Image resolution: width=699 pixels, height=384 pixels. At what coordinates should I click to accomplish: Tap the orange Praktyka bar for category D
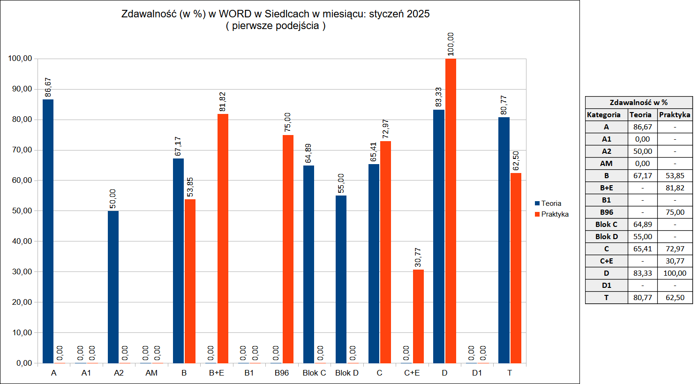[x=451, y=211]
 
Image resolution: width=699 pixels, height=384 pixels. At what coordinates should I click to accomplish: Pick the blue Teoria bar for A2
[x=113, y=287]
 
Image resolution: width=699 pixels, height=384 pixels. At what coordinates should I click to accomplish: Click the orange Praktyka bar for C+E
[x=418, y=316]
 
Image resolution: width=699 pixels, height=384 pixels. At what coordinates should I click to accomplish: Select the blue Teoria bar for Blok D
[x=341, y=279]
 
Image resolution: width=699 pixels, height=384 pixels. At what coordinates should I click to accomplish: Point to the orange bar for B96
[x=288, y=249]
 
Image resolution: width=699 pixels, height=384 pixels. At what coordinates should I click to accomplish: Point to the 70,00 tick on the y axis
[x=20, y=150]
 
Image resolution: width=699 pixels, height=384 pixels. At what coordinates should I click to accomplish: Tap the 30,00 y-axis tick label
[x=20, y=272]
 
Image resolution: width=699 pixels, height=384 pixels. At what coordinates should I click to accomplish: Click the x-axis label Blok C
[x=314, y=373]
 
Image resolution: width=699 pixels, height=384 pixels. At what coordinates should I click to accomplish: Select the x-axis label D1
[x=477, y=373]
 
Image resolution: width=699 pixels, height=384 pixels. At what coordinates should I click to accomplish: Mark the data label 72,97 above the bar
[x=386, y=129]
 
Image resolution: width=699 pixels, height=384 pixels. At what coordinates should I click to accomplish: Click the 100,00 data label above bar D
[x=451, y=44]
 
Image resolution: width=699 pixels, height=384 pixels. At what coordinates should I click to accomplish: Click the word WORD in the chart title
[x=235, y=14]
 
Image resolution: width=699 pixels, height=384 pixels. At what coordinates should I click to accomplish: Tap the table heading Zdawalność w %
[x=639, y=102]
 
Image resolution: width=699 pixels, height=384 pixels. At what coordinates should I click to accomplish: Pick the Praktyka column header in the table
[x=675, y=114]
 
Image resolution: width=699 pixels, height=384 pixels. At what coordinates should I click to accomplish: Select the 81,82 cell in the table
[x=675, y=188]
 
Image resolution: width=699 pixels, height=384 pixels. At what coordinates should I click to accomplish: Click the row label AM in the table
[x=606, y=163]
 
